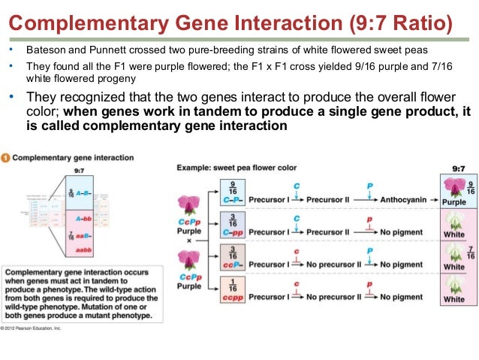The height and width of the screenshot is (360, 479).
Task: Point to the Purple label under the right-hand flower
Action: click(454, 203)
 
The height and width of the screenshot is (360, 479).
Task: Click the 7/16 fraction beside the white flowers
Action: click(471, 252)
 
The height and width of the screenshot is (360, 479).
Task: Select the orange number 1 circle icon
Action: click(6, 158)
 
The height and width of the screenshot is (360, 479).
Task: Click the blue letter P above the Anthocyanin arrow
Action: click(369, 186)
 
